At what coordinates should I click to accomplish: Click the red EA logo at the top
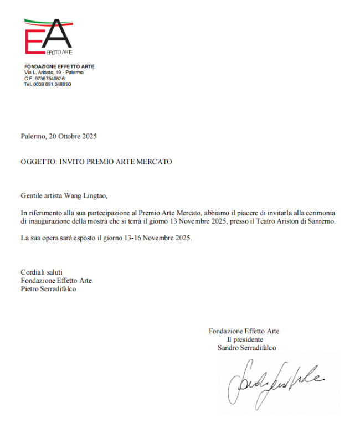(48, 37)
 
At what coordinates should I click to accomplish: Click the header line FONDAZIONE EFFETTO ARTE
(59, 66)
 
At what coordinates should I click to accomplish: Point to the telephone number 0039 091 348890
(52, 84)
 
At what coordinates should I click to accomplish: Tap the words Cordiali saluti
(42, 272)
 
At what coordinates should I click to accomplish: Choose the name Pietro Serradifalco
(49, 288)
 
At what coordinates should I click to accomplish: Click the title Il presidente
(244, 339)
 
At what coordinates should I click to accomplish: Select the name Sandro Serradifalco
(247, 348)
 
